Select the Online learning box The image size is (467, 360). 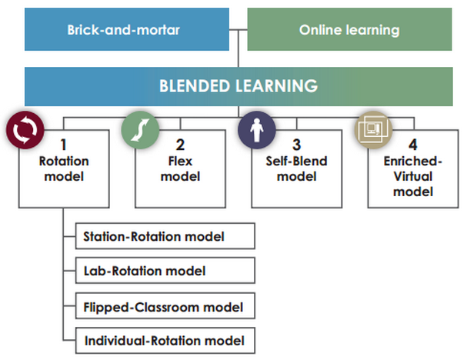pos(349,30)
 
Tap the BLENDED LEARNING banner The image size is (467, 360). pos(238,85)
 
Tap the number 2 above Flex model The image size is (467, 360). pos(180,145)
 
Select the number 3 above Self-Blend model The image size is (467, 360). pos(296,145)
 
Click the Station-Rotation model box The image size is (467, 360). pos(165,236)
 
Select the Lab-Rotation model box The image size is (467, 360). pos(165,271)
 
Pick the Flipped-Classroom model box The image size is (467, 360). pos(165,307)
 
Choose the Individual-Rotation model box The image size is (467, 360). pos(165,340)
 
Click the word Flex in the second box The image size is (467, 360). pos(180,162)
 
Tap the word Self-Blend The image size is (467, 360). pos(296,162)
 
